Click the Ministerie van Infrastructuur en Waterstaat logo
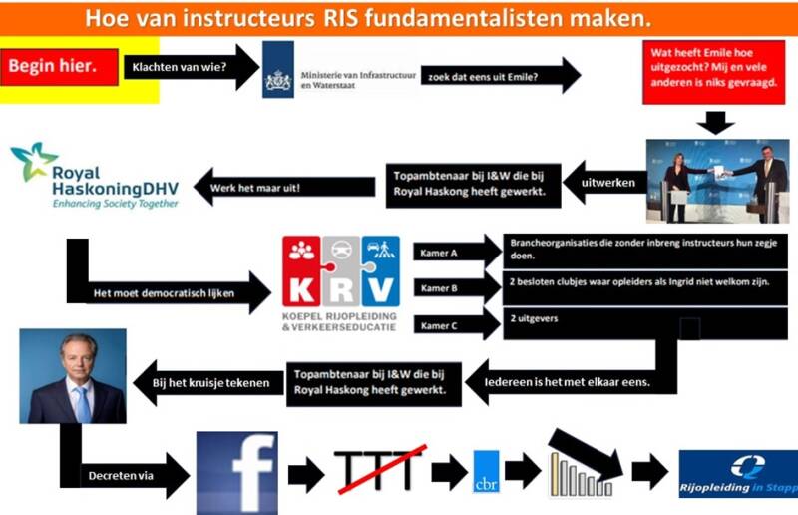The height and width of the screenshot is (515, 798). click(334, 70)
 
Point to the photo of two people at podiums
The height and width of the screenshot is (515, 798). click(716, 181)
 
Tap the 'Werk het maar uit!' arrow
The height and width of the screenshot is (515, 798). click(259, 186)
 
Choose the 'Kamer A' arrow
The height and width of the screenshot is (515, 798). click(455, 253)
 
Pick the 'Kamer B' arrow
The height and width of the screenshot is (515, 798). click(455, 288)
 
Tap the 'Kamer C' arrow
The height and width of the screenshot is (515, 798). click(455, 325)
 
